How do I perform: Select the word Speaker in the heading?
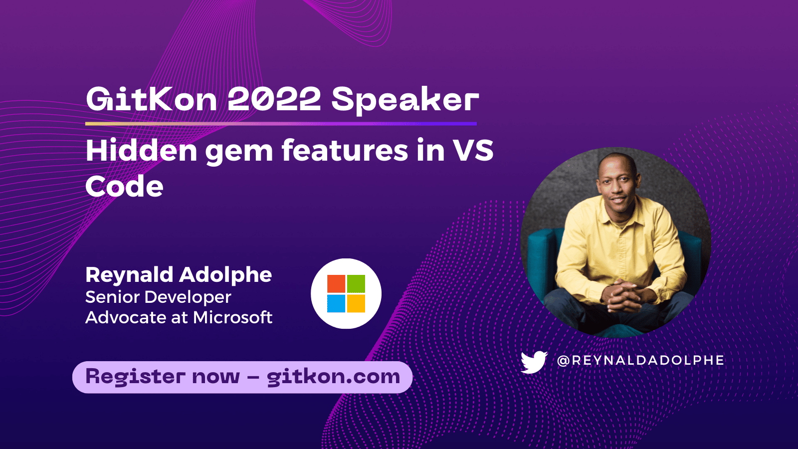click(x=405, y=100)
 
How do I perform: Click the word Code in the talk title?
click(x=124, y=187)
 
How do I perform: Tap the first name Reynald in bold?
click(x=129, y=275)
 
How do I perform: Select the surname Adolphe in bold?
click(x=225, y=275)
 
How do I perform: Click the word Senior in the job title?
click(x=113, y=297)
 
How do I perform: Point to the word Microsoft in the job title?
click(x=233, y=317)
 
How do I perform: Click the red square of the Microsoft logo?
click(x=336, y=284)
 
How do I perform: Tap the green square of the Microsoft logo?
click(x=356, y=284)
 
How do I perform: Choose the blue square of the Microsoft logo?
click(x=336, y=303)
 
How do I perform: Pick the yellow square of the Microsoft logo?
click(x=356, y=303)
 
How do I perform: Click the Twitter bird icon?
click(x=534, y=362)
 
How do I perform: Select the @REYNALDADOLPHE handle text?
click(x=640, y=360)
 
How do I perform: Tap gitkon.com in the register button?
click(x=333, y=377)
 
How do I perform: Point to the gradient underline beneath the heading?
click(x=281, y=123)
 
